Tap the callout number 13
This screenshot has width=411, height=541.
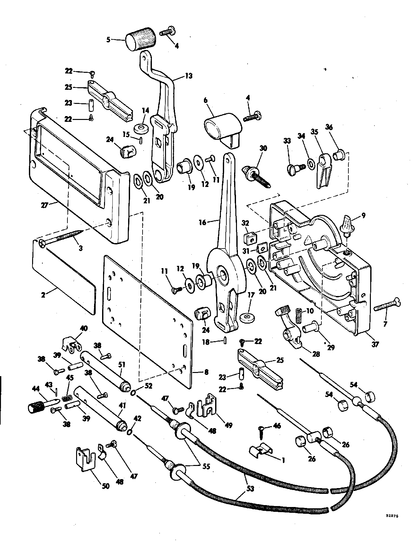[189, 76]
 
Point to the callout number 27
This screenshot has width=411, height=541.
[44, 205]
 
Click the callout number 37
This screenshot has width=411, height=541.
[375, 344]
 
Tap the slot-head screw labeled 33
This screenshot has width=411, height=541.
[293, 167]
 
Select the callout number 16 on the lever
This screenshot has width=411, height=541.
[203, 222]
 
